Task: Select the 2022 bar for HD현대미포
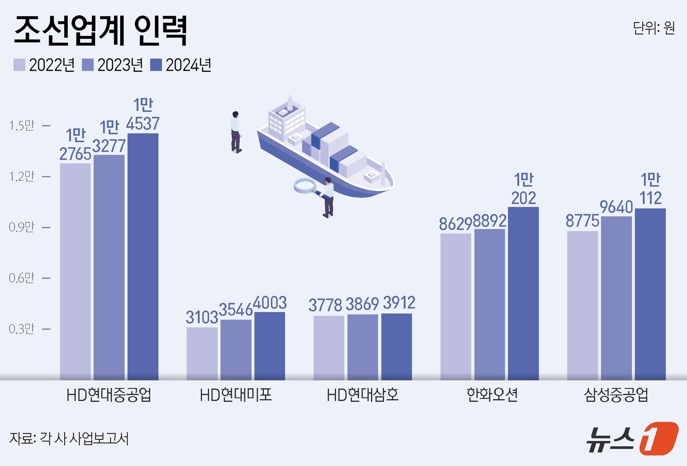click(x=202, y=353)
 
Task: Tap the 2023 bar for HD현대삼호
click(x=363, y=347)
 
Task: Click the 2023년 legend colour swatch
click(x=88, y=65)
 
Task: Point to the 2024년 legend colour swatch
click(x=156, y=65)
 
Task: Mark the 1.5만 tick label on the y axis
click(x=22, y=126)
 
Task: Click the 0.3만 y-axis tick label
click(x=22, y=329)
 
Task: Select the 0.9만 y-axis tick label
click(x=22, y=227)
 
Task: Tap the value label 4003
click(x=270, y=303)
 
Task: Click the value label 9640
click(x=616, y=207)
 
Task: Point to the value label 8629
click(x=455, y=224)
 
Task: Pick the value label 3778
click(x=325, y=305)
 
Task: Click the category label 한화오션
click(x=492, y=394)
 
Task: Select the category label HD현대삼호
click(x=363, y=394)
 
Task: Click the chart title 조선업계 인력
click(x=101, y=30)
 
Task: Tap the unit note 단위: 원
click(x=654, y=28)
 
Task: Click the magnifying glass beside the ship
click(x=305, y=186)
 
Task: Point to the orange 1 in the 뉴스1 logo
click(x=659, y=438)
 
